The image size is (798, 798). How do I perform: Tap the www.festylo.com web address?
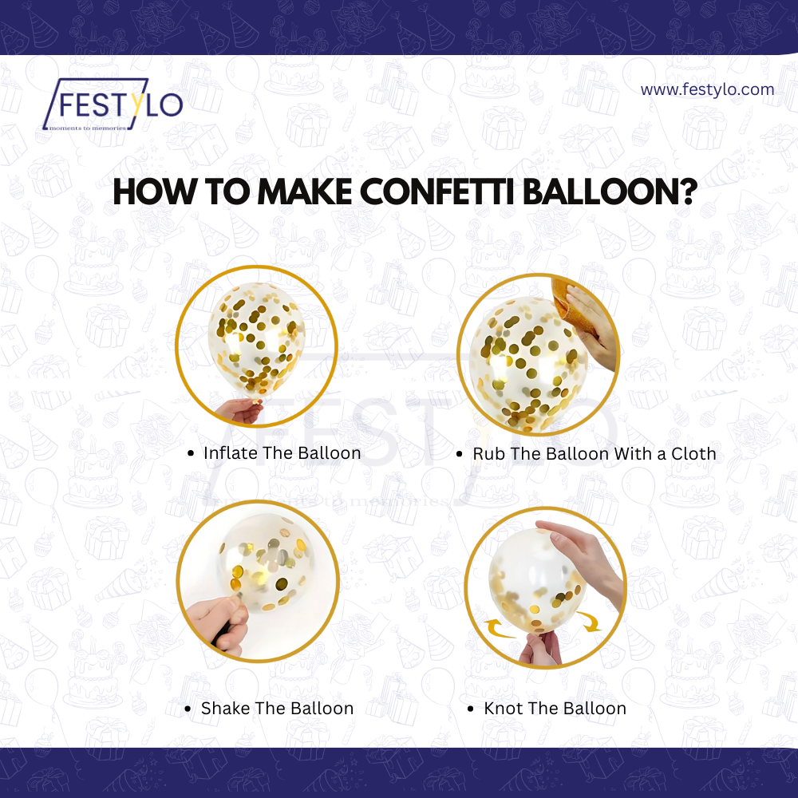point(707,89)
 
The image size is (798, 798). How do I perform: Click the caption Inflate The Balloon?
point(282,453)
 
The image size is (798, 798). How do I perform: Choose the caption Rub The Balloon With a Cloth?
point(594,454)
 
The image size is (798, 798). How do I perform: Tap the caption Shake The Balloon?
point(277,709)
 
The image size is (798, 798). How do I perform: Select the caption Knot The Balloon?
point(555,709)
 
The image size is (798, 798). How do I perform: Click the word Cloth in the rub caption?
point(693,454)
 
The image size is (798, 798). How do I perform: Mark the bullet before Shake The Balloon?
point(188,709)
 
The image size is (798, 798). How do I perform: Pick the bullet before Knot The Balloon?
point(471,709)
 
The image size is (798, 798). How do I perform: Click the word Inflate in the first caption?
point(230,453)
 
